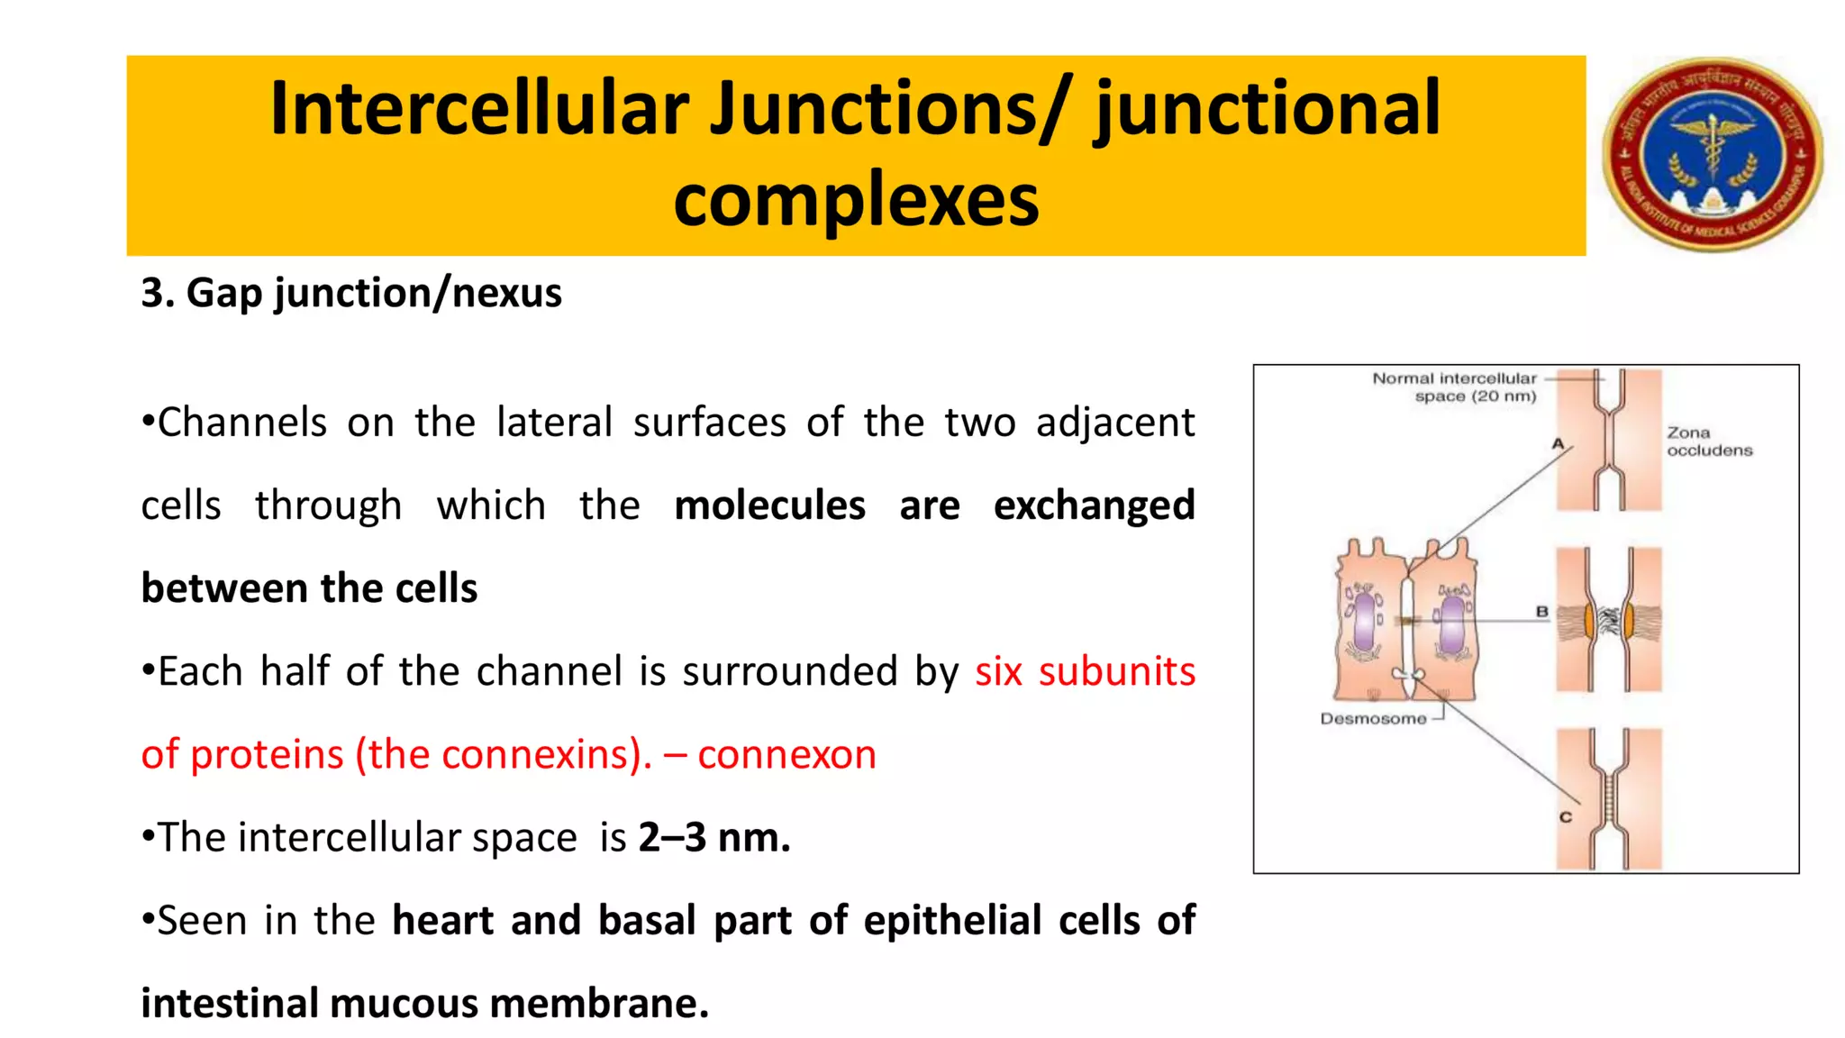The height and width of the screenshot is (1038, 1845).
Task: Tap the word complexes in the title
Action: coord(856,200)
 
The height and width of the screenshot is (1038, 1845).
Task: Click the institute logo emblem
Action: coord(1713,154)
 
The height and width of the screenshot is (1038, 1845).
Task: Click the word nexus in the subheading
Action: coord(506,294)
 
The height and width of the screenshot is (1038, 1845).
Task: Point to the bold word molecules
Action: coord(769,505)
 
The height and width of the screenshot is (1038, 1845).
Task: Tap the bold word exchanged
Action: coord(1094,505)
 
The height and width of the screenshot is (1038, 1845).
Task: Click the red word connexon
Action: coord(786,754)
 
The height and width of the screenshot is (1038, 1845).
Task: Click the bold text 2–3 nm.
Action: coord(713,838)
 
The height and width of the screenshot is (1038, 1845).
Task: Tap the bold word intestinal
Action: coord(229,1004)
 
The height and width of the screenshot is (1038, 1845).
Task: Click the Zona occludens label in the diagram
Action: coord(1708,442)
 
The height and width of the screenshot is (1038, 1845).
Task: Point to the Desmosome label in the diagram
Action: coord(1373,719)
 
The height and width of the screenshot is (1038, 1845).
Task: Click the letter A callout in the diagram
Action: coord(1558,443)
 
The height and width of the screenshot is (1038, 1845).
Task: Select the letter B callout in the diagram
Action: coord(1541,612)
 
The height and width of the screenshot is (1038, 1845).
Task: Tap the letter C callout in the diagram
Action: coord(1566,816)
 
